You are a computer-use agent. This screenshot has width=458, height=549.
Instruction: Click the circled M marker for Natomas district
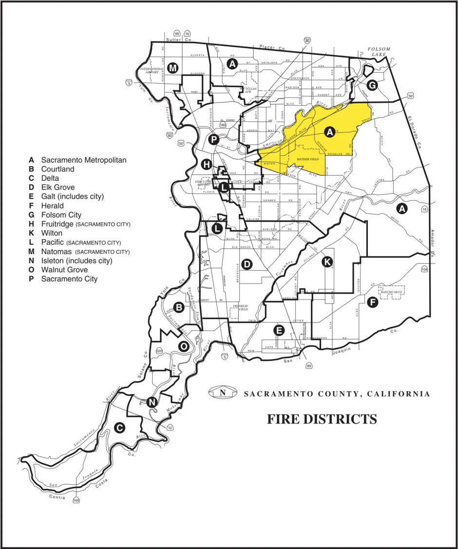172,68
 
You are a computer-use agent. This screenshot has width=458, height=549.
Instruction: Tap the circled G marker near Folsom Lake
372,85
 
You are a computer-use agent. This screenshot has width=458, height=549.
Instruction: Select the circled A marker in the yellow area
330,132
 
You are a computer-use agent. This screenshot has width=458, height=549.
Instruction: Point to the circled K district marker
328,262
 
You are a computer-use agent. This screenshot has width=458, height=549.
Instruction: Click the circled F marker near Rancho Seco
373,302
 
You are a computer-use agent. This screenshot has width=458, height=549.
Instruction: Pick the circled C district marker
118,427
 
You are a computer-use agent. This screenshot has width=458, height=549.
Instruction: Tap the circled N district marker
152,402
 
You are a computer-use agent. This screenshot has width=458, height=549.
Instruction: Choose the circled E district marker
279,330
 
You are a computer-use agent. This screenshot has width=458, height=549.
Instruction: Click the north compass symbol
223,393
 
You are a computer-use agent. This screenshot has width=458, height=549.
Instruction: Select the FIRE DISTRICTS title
322,419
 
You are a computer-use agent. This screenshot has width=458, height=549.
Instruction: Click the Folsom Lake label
375,52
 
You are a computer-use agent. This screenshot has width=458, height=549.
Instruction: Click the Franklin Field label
240,307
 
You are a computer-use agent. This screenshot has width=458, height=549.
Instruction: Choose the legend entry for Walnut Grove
64,270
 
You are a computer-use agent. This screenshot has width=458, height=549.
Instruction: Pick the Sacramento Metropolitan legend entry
83,160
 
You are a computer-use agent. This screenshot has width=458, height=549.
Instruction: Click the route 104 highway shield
424,269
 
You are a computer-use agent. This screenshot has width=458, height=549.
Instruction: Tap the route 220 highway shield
159,351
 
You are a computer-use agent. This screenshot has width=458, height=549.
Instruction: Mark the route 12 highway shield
170,428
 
